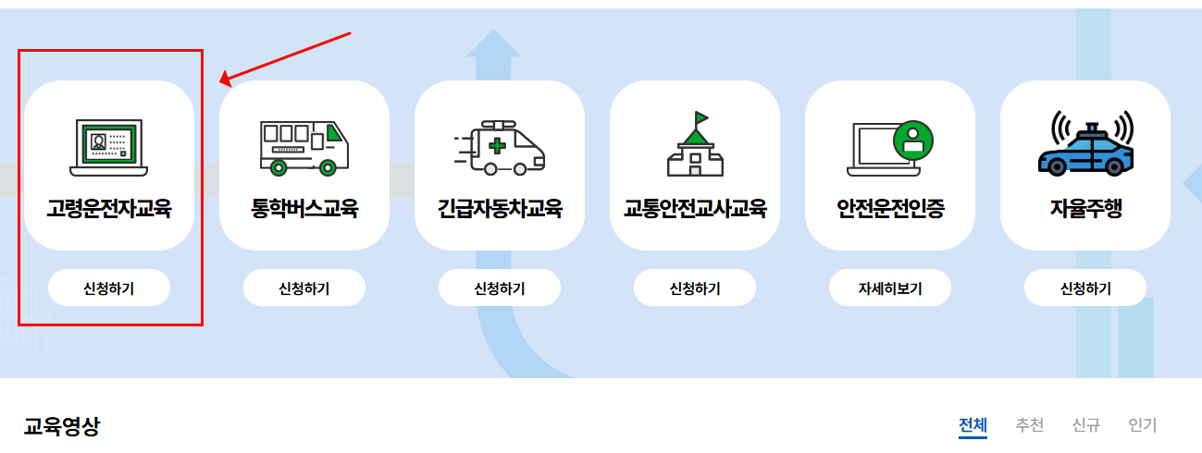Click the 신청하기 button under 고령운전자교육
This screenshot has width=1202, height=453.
point(109,288)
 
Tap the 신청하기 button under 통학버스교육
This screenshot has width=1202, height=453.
point(304,288)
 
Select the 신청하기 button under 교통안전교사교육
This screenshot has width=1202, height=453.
point(695,288)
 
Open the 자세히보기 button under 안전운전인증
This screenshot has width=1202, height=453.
point(890,288)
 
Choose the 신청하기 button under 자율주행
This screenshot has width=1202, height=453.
point(1085,288)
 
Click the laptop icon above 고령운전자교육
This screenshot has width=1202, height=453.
point(109,147)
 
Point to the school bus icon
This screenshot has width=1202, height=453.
point(304,147)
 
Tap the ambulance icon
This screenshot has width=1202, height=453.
point(500,147)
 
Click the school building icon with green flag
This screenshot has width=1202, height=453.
point(695,145)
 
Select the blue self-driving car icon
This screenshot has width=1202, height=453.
point(1085,145)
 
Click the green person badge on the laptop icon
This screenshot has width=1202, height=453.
point(913,140)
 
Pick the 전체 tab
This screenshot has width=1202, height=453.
point(973,425)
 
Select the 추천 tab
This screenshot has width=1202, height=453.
point(1029,425)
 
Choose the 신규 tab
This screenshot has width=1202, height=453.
point(1085,425)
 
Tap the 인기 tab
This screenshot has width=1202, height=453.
point(1143,425)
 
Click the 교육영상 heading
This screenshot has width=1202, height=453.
point(62,426)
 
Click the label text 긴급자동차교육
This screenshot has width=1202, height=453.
point(500,208)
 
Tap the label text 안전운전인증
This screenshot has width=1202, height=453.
point(890,208)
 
